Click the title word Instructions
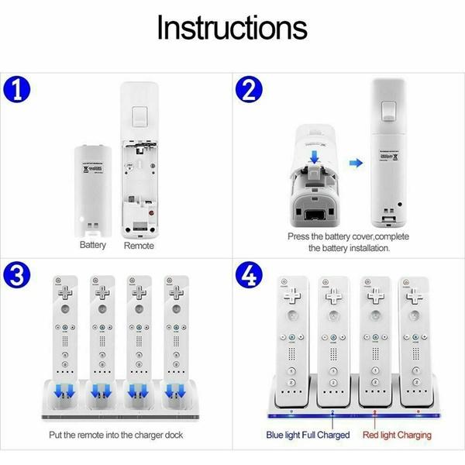232,28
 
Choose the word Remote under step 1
139,246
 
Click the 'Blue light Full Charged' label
308,435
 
